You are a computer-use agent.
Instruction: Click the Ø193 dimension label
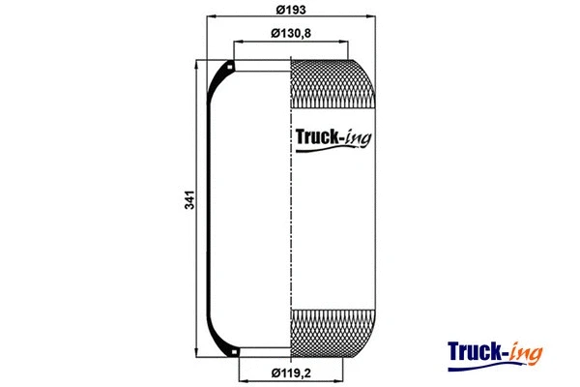pyautogui.click(x=291, y=10)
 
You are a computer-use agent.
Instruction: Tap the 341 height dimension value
pyautogui.click(x=190, y=201)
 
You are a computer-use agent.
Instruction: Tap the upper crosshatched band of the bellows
pyautogui.click(x=329, y=83)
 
